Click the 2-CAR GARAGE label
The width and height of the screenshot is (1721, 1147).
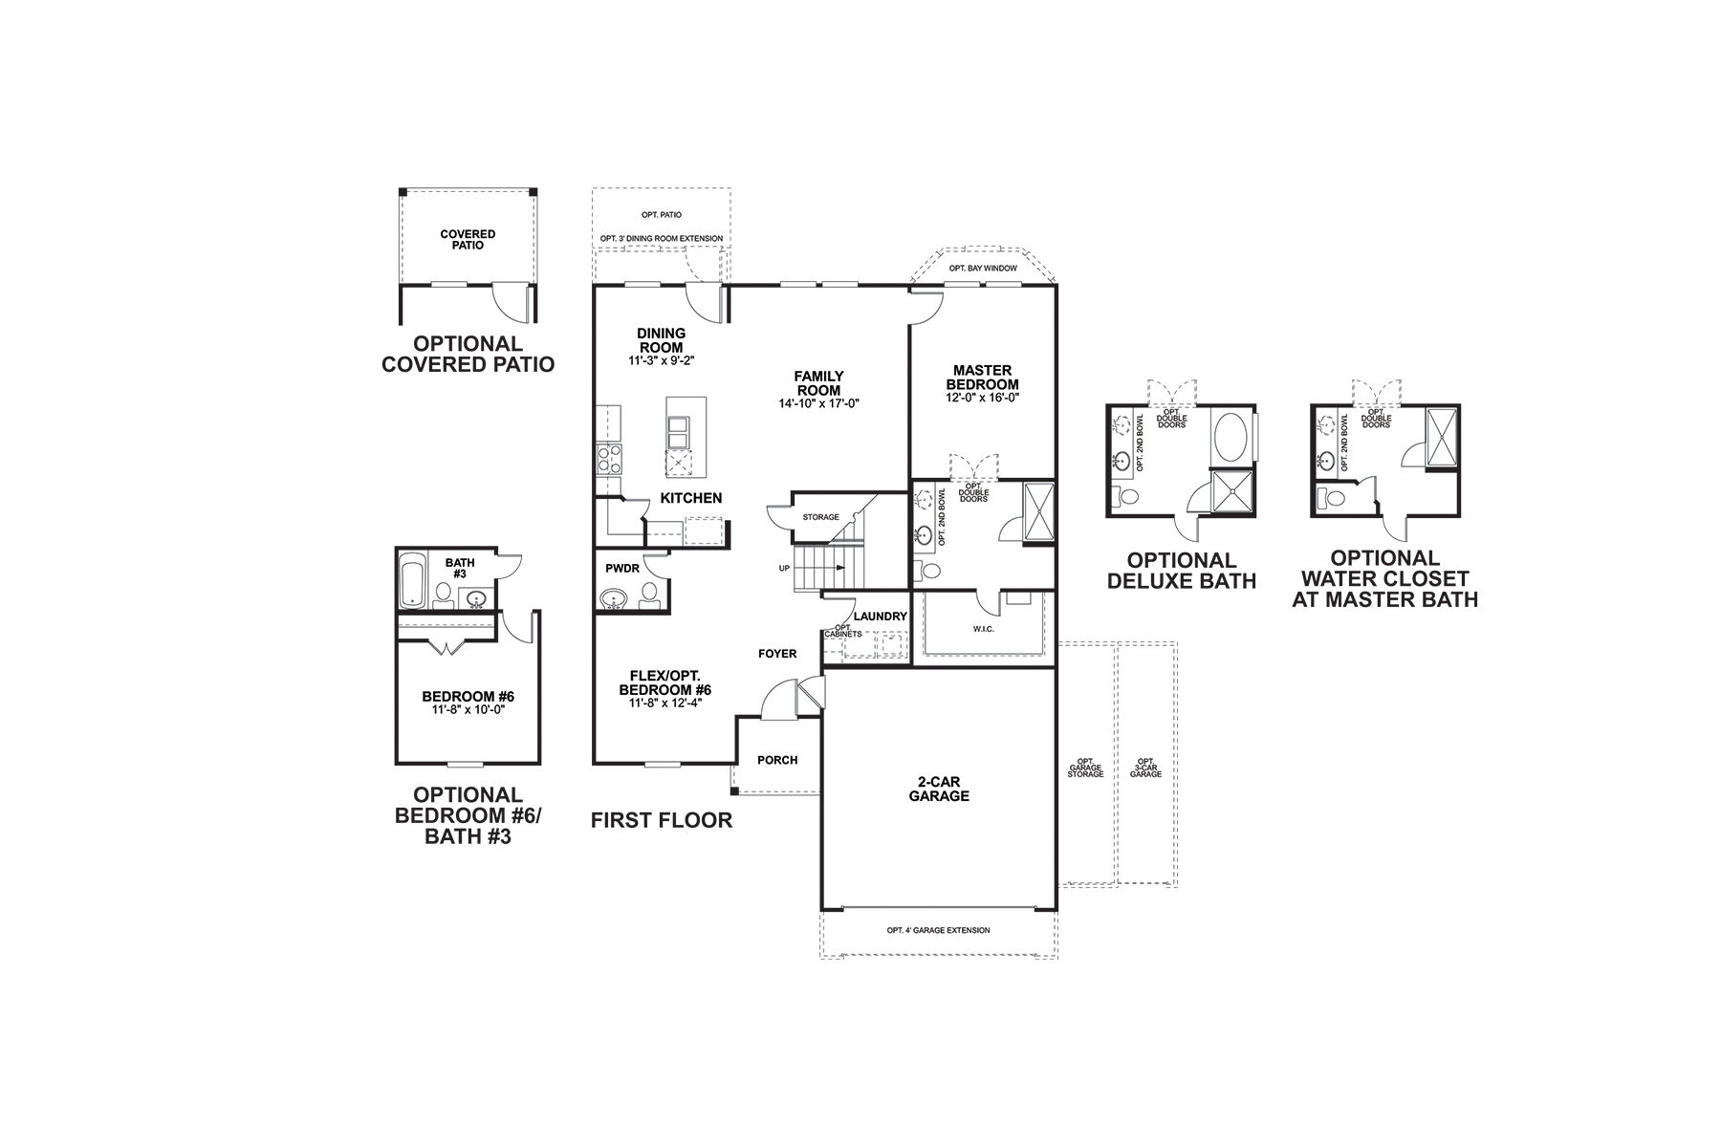pos(938,789)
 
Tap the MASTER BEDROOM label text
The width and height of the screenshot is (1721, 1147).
pos(982,378)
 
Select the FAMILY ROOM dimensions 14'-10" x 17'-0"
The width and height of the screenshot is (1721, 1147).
pos(819,403)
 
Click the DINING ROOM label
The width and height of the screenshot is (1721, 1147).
pos(661,340)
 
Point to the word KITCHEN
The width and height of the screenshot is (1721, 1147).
pos(690,498)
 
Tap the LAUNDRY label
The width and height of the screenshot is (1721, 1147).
pos(880,617)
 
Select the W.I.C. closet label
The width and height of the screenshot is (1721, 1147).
pos(984,629)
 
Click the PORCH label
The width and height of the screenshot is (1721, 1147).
pos(776,760)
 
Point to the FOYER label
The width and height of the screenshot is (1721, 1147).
pos(776,654)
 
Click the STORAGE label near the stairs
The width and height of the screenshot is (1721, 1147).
pos(820,517)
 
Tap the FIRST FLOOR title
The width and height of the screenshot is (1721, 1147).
pos(661,819)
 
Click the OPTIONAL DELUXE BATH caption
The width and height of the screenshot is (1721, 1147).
pos(1181,570)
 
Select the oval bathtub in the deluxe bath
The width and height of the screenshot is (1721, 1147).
pos(1230,437)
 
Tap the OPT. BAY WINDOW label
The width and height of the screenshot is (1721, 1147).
pos(983,269)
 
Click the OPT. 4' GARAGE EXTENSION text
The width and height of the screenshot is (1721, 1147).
pos(938,930)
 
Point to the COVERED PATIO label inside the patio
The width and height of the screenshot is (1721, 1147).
pos(468,239)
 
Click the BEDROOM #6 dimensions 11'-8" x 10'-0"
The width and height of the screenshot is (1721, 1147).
pos(468,709)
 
